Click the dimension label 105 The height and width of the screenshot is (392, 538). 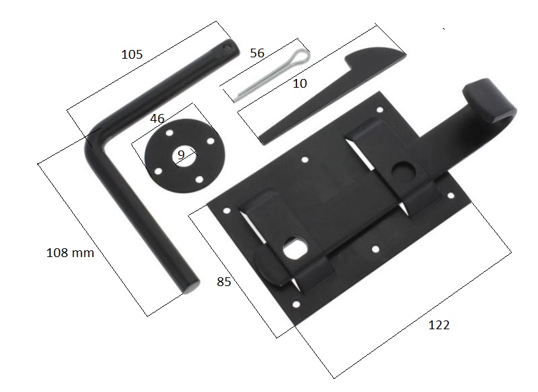(x=132, y=54)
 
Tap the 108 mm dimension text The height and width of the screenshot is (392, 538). (x=70, y=253)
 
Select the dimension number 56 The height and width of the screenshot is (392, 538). (x=257, y=53)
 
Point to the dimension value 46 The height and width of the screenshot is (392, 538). (x=157, y=119)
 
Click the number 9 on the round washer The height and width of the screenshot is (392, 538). (x=181, y=155)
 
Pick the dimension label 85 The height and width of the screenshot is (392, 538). (x=223, y=281)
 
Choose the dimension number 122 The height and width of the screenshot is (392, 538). (x=439, y=325)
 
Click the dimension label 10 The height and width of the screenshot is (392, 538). (x=300, y=84)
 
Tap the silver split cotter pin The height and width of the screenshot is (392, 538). (x=271, y=76)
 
